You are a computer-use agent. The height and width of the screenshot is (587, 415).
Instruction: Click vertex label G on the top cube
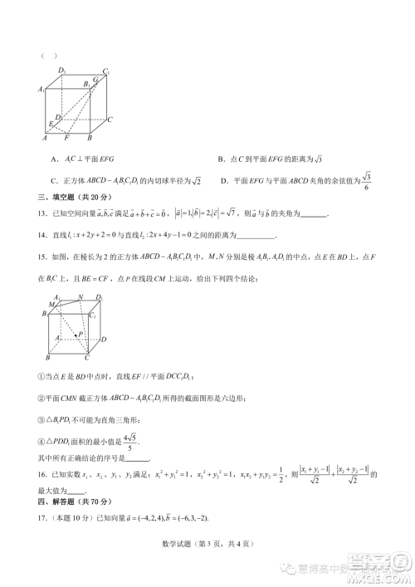tap(95, 79)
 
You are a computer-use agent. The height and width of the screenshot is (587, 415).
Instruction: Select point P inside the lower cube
tap(81, 334)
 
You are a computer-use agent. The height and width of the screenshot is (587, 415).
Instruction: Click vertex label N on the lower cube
tap(79, 297)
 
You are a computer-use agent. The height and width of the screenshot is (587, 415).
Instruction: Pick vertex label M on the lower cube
tap(51, 305)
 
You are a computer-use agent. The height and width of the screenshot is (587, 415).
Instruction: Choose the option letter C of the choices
tap(53, 180)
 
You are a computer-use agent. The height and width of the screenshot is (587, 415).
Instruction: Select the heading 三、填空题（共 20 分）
tap(72, 197)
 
